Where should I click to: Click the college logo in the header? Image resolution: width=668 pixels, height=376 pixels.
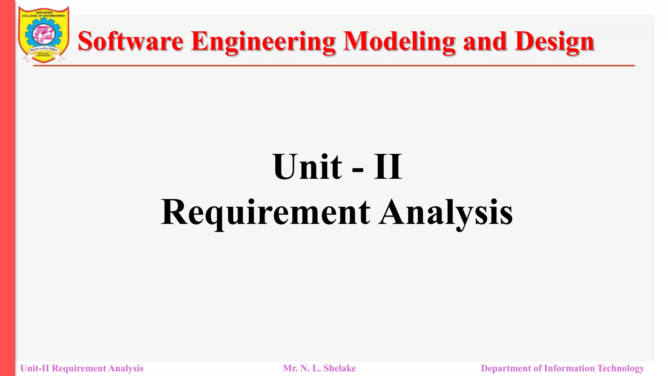coord(44,34)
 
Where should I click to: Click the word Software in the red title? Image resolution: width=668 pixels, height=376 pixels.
coord(130,41)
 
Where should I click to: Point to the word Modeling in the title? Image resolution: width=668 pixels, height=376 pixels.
coord(399,42)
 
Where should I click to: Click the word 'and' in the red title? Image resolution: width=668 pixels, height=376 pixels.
coord(485,41)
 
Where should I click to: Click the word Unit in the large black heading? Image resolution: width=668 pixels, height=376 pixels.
coord(308,167)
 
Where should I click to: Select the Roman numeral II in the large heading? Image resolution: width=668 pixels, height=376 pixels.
coord(388,167)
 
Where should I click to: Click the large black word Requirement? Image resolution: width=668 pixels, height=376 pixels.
coord(266,213)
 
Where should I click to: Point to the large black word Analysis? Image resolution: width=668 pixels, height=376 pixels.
coord(446,213)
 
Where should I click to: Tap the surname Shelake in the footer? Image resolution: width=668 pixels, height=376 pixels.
coord(340,368)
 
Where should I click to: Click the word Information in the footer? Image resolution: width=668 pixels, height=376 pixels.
coord(569,368)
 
